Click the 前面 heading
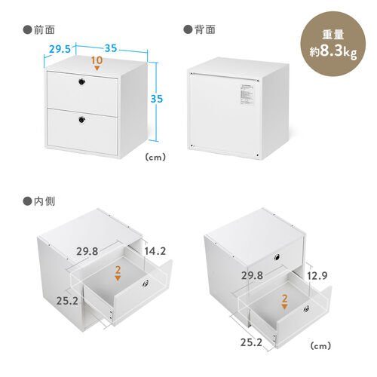pos(38,30)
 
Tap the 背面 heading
pos(200,30)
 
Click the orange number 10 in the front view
pos(96,60)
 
